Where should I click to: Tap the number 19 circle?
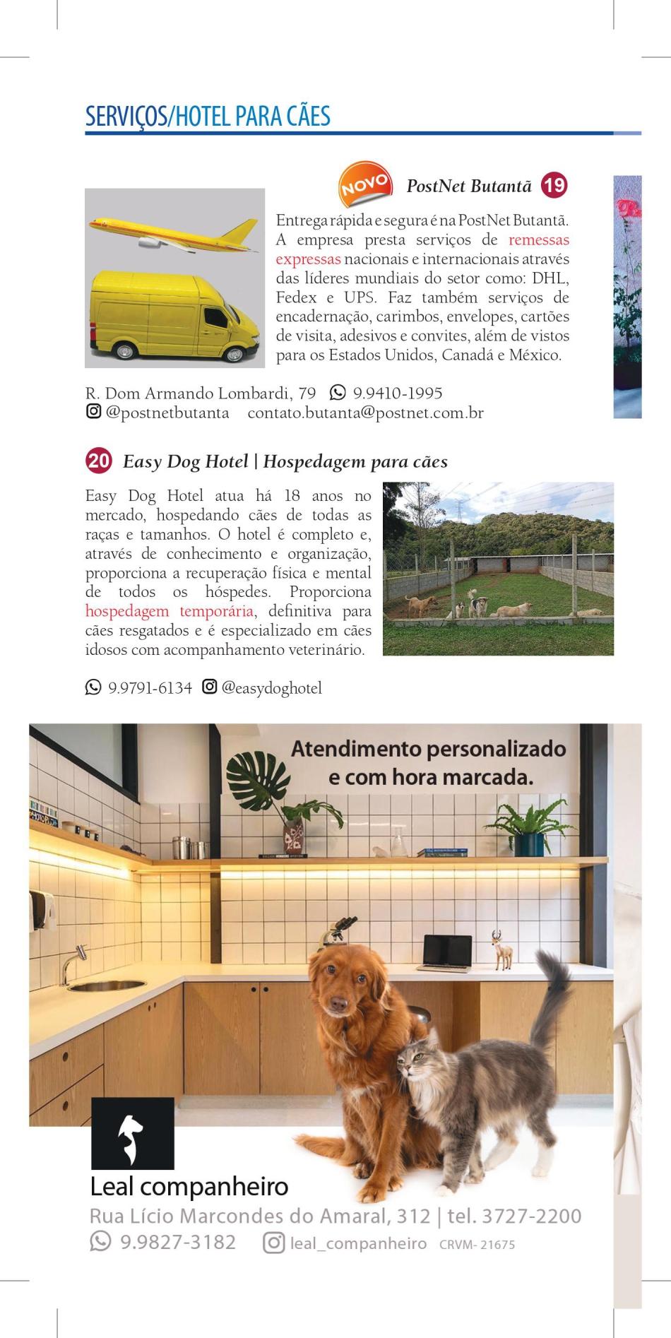(x=554, y=186)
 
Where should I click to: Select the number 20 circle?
(x=99, y=461)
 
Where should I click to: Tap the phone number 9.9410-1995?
(x=397, y=393)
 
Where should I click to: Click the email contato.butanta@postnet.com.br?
(x=365, y=413)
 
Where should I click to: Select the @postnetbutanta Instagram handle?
(x=167, y=413)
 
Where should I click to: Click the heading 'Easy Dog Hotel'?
(x=185, y=462)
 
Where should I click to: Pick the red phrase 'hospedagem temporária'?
(x=169, y=611)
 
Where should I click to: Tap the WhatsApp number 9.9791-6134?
(x=150, y=687)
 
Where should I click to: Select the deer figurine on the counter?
(x=502, y=949)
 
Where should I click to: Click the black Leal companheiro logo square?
(x=132, y=1132)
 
